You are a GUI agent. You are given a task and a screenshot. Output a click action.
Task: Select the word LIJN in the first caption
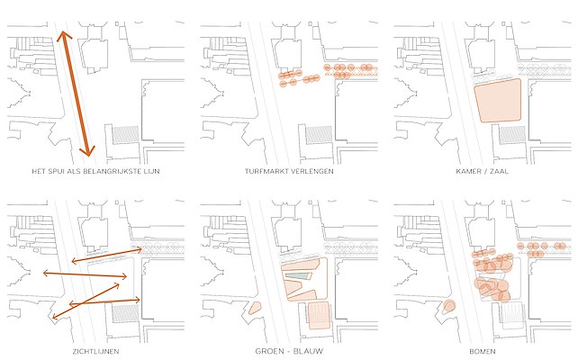click(x=152, y=171)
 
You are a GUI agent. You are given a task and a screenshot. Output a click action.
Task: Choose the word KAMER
click(x=468, y=171)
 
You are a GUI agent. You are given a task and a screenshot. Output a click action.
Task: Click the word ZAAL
click(x=500, y=171)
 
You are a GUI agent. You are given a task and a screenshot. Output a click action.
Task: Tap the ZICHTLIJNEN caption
click(x=95, y=352)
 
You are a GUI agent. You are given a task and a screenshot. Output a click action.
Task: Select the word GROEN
click(x=268, y=351)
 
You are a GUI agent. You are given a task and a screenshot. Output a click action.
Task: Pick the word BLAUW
click(x=310, y=351)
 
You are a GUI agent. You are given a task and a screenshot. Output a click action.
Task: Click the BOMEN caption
click(x=483, y=352)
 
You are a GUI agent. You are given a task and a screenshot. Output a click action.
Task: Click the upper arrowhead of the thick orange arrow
click(x=63, y=35)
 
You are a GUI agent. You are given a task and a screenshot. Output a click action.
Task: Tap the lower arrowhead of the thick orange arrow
click(x=87, y=151)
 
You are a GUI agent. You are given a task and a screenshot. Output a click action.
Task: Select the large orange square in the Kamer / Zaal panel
click(x=498, y=100)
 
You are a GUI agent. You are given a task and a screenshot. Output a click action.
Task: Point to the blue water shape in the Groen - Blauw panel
click(x=299, y=276)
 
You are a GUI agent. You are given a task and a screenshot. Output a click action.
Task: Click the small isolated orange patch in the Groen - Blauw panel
click(x=255, y=308)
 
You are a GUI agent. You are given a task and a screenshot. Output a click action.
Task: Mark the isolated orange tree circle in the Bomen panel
click(x=449, y=306)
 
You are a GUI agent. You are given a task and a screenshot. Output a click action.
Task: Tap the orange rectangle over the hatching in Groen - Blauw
click(x=319, y=315)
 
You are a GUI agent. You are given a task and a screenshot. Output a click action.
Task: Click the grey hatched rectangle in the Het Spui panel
click(x=125, y=135)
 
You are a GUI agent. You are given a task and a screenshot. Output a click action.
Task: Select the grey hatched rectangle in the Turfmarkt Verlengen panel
click(x=319, y=135)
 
